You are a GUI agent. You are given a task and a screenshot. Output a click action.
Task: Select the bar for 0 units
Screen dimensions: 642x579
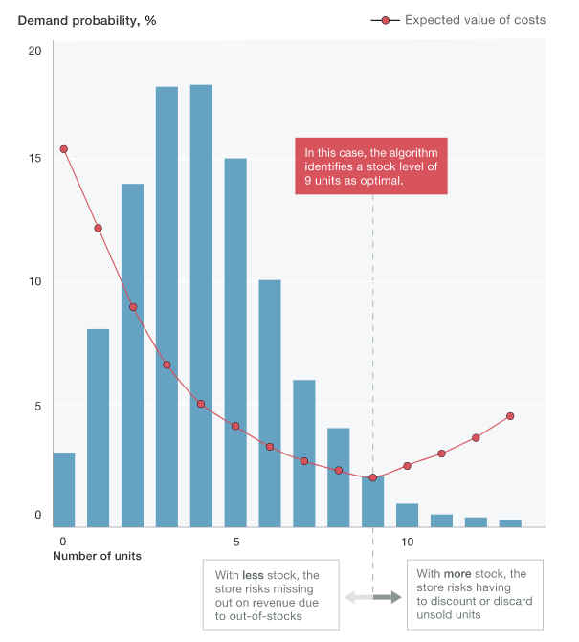point(64,489)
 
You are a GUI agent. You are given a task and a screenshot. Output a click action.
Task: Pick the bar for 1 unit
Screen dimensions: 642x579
point(99,427)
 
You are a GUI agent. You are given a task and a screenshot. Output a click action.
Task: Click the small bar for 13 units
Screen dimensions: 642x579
point(510,522)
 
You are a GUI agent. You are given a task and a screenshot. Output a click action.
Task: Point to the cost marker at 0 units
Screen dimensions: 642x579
point(64,149)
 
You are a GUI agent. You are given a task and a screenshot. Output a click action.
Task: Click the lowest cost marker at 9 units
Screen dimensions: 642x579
point(372,477)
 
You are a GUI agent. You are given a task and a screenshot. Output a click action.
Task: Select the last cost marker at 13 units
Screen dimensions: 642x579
point(510,416)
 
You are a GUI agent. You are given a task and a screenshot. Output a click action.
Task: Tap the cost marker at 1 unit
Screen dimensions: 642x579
point(99,229)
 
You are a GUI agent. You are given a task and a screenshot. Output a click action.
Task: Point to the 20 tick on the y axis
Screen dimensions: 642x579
point(35,50)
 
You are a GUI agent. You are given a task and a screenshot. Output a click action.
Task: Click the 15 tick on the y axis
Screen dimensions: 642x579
point(35,159)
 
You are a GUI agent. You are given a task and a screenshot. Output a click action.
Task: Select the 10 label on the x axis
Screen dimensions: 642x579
point(407,542)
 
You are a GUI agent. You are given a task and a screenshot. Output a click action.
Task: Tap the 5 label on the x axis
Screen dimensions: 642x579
point(235,542)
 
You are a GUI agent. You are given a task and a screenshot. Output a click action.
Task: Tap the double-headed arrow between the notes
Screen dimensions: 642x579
point(373,598)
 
